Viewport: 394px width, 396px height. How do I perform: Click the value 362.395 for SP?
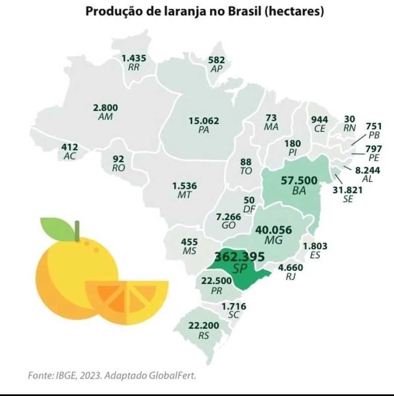(240, 256)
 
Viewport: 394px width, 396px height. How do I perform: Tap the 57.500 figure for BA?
(299, 181)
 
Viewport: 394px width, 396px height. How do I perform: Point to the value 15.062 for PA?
(203, 120)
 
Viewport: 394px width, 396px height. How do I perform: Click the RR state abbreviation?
(134, 67)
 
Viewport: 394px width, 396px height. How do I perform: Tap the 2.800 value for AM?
(105, 107)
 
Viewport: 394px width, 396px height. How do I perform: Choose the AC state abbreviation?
(70, 156)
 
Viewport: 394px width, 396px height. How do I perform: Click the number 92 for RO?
(118, 159)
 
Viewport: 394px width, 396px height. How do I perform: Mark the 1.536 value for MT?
(185, 186)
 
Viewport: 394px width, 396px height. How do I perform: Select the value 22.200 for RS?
(203, 326)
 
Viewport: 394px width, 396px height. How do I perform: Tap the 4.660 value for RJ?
(291, 268)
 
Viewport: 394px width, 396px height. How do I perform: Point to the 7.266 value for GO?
(229, 216)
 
